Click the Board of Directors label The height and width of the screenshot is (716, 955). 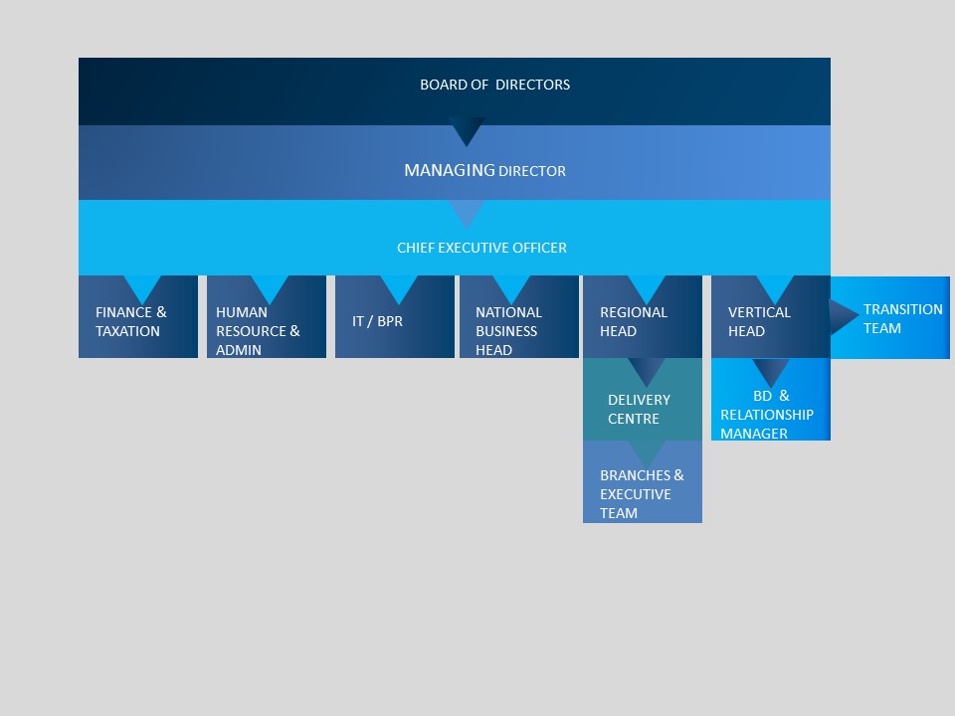[494, 85]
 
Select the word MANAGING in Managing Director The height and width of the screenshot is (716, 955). [450, 170]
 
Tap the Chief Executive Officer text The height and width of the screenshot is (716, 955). [481, 248]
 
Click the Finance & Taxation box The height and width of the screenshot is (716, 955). [138, 316]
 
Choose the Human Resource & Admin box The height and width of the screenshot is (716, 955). [267, 316]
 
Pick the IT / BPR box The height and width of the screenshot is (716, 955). [395, 316]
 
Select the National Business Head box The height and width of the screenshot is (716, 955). [519, 316]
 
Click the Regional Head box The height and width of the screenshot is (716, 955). [643, 316]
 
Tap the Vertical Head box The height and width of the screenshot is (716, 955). [770, 316]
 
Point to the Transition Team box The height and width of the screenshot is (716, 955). [890, 317]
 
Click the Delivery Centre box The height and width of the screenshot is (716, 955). [643, 400]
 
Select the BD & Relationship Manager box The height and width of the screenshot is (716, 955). [770, 400]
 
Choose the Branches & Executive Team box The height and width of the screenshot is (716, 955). [643, 481]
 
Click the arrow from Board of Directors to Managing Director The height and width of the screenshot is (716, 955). [467, 129]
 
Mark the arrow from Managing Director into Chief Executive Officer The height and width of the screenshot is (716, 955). [467, 212]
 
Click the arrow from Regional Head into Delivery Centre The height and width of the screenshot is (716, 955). [647, 370]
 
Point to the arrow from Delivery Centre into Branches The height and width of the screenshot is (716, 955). [647, 453]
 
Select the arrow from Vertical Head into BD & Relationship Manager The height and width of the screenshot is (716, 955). [770, 371]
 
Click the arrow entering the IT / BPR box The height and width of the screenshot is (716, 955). [399, 287]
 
